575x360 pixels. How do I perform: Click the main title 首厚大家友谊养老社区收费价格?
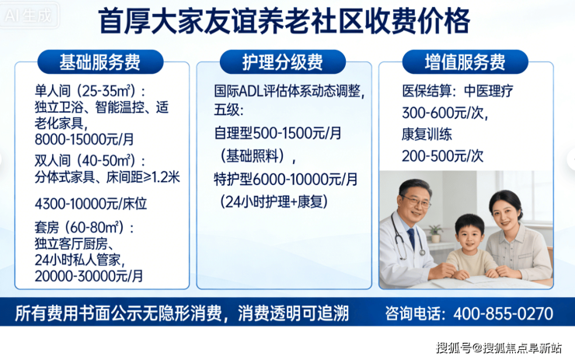pos(284,21)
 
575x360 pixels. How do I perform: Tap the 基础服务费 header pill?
pos(100,61)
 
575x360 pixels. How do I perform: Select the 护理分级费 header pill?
pos(282,61)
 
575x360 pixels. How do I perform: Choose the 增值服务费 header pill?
pos(465,61)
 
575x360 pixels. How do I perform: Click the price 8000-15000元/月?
pos(85,139)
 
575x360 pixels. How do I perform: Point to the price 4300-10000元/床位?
pos(91,204)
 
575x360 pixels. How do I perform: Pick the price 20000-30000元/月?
pos(89,276)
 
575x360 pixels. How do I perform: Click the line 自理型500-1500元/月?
pos(277,133)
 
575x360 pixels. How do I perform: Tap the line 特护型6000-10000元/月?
pos(286,179)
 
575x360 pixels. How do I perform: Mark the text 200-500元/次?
pos(443,156)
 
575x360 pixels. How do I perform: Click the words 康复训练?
pos(427,135)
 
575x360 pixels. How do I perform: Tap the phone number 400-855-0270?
pos(504,314)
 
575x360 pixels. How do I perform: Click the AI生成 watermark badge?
pos(29,16)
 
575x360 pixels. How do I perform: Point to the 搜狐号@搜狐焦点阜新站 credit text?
pos(499,348)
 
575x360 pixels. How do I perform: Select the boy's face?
pos(470,236)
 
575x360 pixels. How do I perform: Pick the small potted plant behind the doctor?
pos(435,233)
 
